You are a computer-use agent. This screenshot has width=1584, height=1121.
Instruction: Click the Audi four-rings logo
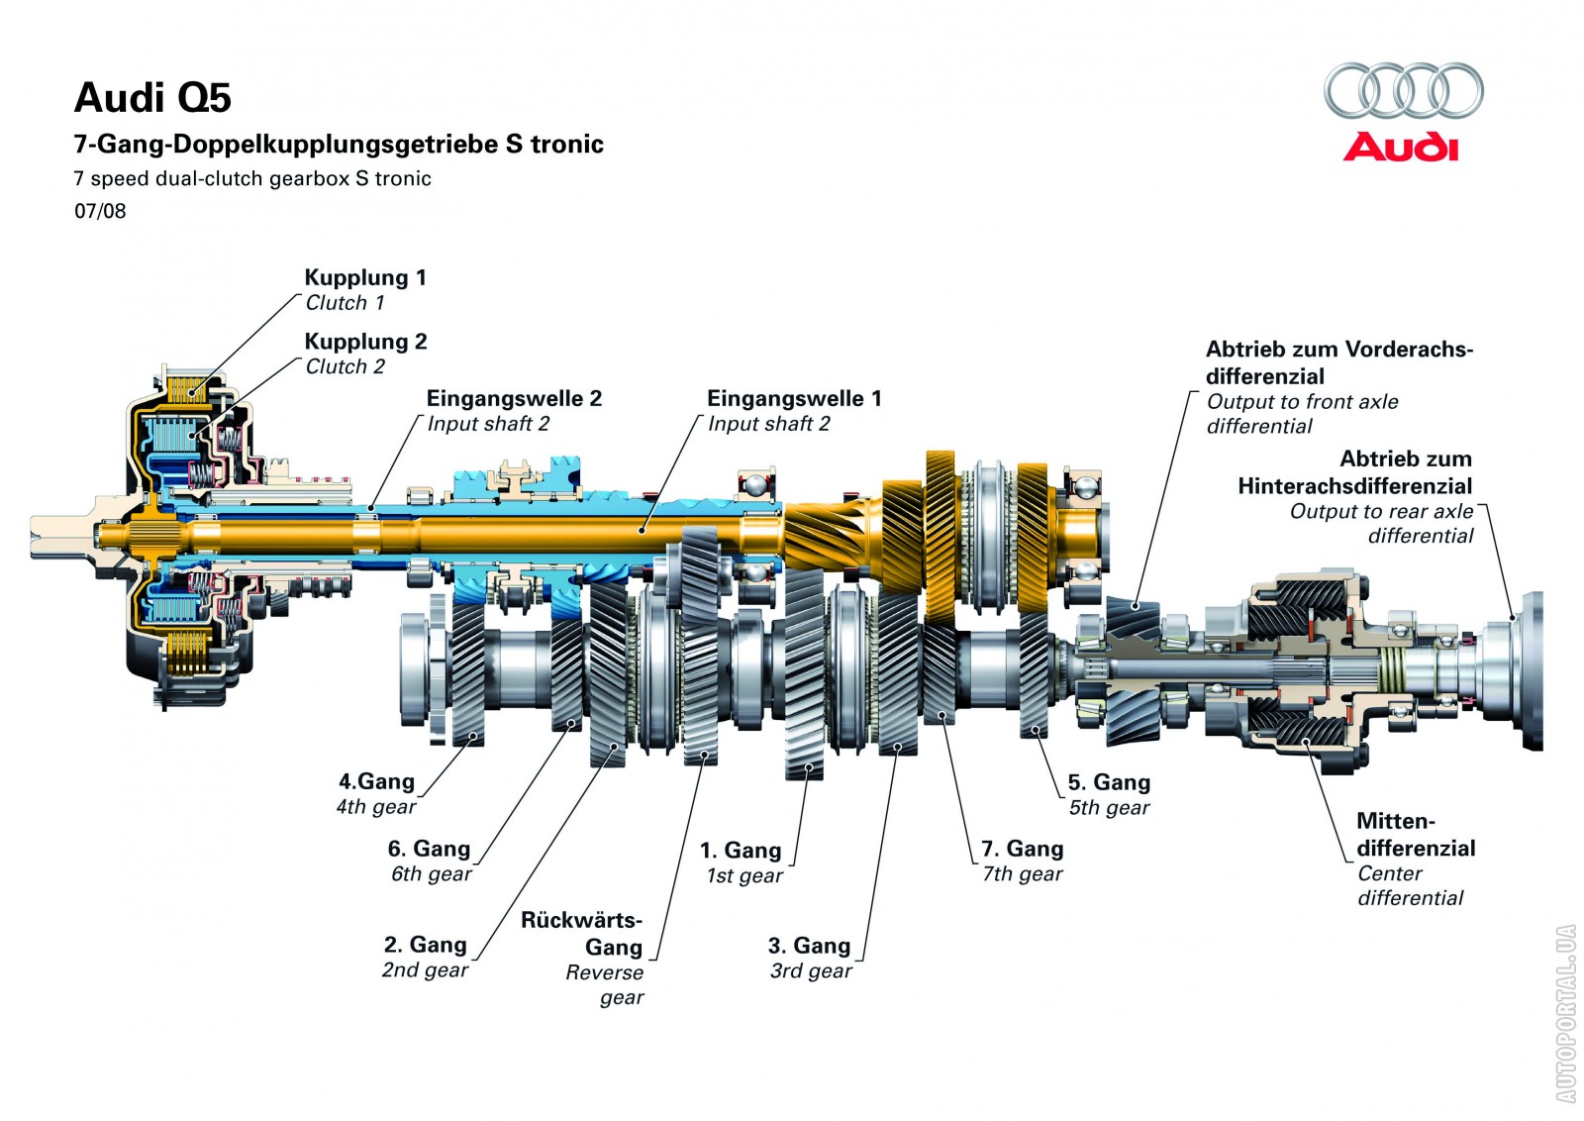[x=1403, y=91]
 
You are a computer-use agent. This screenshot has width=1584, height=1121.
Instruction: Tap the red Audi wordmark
[x=1401, y=148]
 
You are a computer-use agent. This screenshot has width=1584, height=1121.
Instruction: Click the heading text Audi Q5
[x=152, y=98]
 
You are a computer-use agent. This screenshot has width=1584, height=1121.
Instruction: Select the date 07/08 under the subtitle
[x=100, y=211]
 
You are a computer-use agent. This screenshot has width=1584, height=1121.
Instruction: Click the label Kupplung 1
[x=364, y=277]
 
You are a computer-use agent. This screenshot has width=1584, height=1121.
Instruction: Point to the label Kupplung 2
[x=365, y=342]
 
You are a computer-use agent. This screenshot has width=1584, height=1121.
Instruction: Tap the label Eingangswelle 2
[x=514, y=398]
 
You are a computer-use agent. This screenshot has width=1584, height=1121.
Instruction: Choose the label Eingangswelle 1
[x=794, y=398]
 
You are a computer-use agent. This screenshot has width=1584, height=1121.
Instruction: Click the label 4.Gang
[x=376, y=781]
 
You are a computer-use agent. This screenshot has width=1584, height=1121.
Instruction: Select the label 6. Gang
[x=429, y=849]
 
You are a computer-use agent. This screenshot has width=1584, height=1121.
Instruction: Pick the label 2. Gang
[x=425, y=945]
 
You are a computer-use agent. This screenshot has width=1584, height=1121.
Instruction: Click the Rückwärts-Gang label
[x=582, y=933]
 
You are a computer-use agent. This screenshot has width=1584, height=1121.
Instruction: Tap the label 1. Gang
[x=741, y=851]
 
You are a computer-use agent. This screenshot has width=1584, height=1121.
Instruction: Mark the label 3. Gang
[x=809, y=946]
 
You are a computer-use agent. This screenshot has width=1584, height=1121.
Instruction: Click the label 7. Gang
[x=1022, y=849]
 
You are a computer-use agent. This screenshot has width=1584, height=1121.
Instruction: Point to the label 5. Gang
[x=1109, y=782]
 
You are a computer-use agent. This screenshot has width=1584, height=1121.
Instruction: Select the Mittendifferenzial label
[x=1415, y=835]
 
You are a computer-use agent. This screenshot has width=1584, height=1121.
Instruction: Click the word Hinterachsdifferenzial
[x=1354, y=486]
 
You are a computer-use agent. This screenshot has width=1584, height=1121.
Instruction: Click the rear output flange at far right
[x=1529, y=669]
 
